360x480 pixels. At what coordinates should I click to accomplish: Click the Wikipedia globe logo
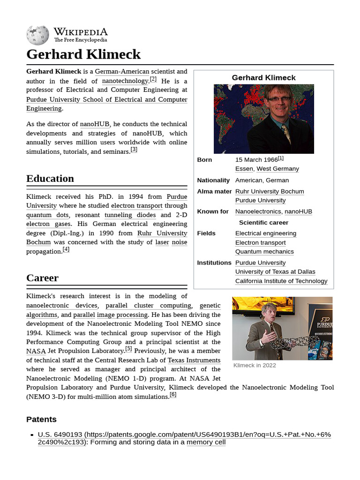[x=37, y=35]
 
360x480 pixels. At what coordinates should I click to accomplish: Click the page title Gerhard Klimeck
[x=83, y=54]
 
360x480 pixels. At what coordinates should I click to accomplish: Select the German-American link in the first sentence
[x=122, y=72]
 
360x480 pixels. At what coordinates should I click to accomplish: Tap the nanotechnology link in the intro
[x=125, y=81]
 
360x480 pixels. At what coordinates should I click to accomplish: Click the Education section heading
[x=50, y=179]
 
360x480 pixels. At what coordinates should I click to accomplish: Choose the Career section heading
[x=43, y=278]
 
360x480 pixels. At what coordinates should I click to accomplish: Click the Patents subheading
[x=41, y=419]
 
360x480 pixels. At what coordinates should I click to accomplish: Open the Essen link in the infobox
[x=244, y=169]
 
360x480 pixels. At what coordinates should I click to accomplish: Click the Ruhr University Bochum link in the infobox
[x=270, y=191]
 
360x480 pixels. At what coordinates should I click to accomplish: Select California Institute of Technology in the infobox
[x=281, y=281]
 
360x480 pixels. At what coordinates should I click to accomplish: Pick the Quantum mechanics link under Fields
[x=264, y=252]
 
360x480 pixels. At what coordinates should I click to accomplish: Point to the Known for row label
[x=213, y=211]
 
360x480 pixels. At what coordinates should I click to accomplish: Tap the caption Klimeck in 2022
[x=255, y=365]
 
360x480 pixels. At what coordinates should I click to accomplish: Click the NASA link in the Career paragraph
[x=36, y=351]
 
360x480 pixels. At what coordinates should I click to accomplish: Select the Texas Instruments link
[x=194, y=360]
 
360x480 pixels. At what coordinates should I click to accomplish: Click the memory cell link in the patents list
[x=206, y=442]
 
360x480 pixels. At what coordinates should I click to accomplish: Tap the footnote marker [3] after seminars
[x=134, y=150]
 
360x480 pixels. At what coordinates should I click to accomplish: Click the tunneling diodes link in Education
[x=130, y=215]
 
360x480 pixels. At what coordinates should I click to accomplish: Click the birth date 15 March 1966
[x=256, y=160]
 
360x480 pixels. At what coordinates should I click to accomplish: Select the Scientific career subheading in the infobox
[x=263, y=223]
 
